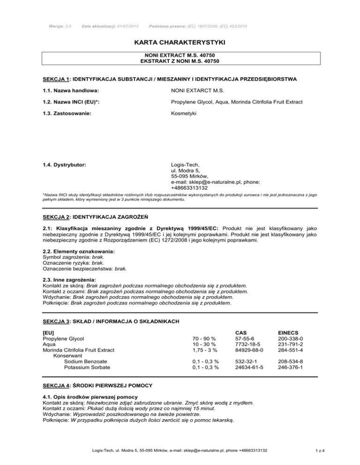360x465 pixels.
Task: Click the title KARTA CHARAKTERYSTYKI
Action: coord(180,43)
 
